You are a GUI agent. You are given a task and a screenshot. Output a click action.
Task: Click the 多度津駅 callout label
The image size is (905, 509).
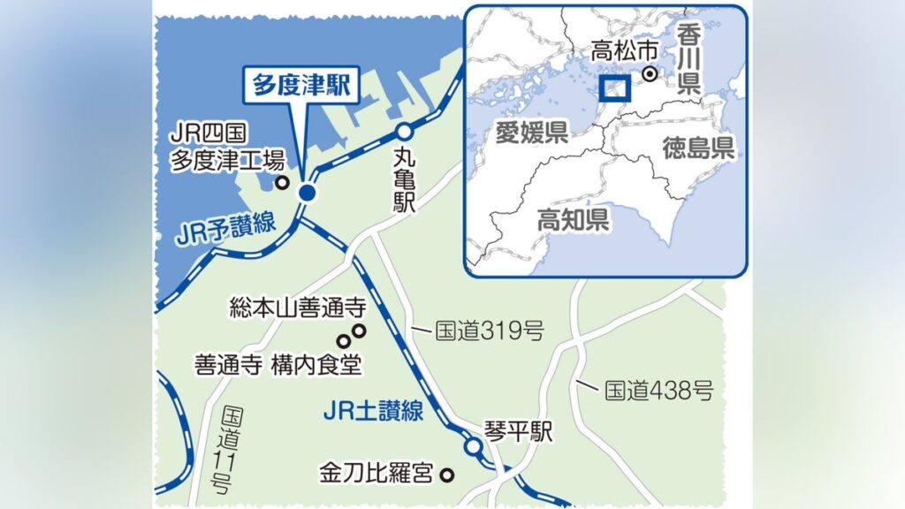[301, 87]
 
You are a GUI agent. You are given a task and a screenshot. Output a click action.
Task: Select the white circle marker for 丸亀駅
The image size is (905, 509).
[403, 132]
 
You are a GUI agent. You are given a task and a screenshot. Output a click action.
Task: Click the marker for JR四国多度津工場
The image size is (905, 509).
[283, 184]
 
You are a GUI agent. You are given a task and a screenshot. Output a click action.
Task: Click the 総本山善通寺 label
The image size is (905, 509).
[296, 308]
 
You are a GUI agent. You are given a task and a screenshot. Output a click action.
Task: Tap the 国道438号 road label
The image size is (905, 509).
[658, 389]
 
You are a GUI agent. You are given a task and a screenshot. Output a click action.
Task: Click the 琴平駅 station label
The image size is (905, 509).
[518, 430]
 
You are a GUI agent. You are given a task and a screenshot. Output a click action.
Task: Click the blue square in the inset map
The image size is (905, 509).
[613, 88]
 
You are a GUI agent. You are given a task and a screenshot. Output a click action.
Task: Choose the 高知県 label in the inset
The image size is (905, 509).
[574, 219]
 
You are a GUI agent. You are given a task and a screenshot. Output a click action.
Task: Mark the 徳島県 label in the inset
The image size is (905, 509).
[698, 147]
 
